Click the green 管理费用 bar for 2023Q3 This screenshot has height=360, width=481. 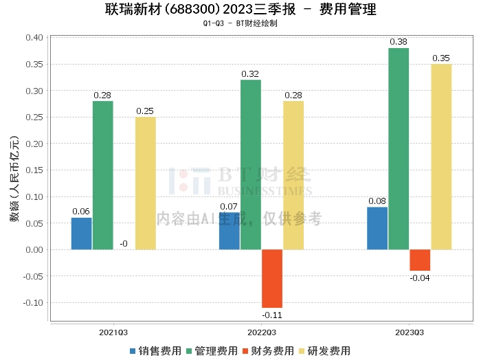398,148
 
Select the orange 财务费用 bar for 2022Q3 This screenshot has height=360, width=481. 272,278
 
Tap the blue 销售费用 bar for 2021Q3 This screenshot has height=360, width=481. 81,234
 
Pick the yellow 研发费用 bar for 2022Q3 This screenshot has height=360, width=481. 293,175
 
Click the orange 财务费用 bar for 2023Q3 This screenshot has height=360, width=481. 420,260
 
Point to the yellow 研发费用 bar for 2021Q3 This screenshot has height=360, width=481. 145,183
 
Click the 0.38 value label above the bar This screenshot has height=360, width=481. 399,42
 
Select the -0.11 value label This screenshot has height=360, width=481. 272,315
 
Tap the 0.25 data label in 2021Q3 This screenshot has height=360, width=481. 145,111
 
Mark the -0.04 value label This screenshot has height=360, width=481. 420,278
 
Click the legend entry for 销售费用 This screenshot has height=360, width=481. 155,350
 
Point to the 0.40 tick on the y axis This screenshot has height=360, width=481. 34,38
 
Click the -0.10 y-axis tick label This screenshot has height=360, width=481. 32,302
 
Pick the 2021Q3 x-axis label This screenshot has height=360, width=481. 113,332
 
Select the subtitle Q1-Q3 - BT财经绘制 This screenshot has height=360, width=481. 240,23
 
